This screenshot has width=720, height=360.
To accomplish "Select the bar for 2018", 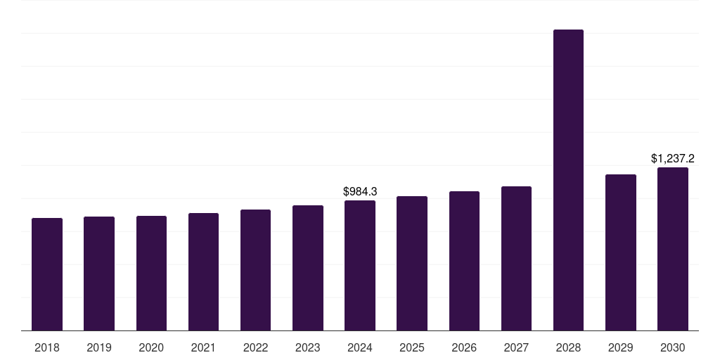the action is [47, 274].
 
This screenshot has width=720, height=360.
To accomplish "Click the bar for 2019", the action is [99, 274].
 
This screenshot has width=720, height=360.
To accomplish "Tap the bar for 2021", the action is [203, 272].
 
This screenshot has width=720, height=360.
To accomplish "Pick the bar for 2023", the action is [308, 268].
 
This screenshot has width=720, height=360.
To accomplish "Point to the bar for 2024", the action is [360, 265].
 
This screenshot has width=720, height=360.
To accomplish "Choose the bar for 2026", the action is [464, 261].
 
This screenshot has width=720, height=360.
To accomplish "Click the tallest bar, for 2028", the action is [568, 180].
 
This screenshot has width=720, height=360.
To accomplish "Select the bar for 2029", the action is [621, 252].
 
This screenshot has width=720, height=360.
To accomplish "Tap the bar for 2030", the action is [673, 249].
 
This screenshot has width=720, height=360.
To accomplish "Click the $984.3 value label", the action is [360, 191].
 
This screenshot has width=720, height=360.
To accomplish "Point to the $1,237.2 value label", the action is [673, 158].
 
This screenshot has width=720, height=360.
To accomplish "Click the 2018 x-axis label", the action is [47, 348].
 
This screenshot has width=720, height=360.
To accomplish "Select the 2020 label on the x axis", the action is [151, 348].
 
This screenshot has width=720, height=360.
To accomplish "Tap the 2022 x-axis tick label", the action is [255, 348].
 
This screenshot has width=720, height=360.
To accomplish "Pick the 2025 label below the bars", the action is [412, 348].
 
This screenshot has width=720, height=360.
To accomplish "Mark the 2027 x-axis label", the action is [516, 348].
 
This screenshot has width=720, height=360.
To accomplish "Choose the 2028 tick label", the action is [568, 348].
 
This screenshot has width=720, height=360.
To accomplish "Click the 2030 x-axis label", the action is [673, 348].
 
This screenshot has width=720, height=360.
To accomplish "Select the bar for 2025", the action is [412, 264].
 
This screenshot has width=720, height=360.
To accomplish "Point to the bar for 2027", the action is [516, 259].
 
